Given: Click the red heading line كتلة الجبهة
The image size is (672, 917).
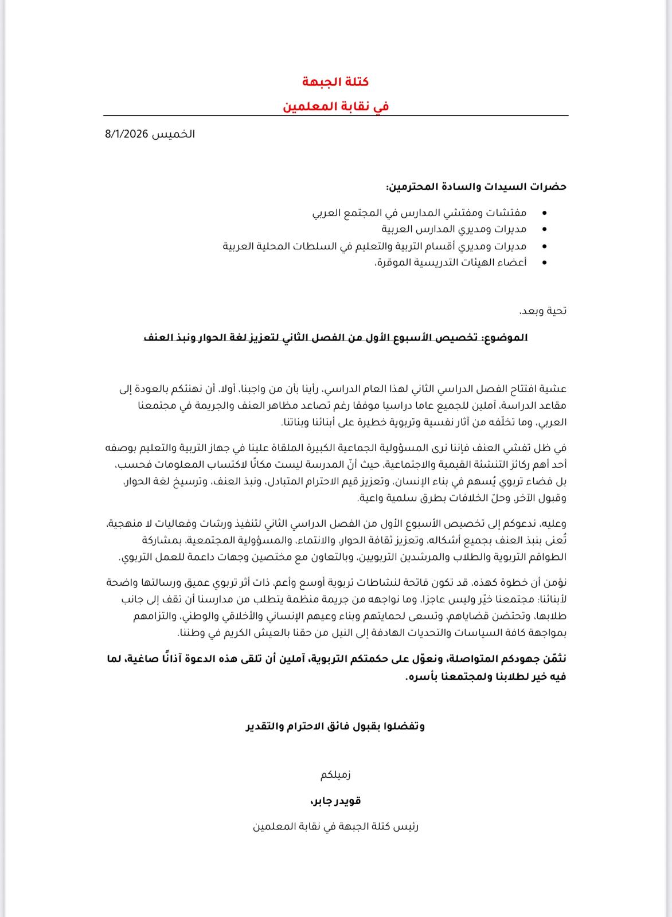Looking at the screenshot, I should pyautogui.click(x=335, y=82).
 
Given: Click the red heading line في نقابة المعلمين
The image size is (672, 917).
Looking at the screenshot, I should pyautogui.click(x=335, y=106).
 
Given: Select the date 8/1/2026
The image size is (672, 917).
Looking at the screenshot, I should pyautogui.click(x=127, y=134).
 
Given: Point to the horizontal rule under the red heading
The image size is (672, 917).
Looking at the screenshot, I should pyautogui.click(x=335, y=116).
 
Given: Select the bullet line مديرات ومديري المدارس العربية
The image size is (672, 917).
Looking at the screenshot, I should pyautogui.click(x=454, y=229).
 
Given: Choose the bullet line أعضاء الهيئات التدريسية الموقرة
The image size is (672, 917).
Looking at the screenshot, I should pyautogui.click(x=450, y=262).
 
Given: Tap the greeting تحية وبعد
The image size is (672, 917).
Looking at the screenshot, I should pyautogui.click(x=542, y=311).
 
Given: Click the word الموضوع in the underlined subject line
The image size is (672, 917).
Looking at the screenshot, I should pyautogui.click(x=506, y=338).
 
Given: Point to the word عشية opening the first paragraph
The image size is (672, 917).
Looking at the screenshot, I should pyautogui.click(x=554, y=389).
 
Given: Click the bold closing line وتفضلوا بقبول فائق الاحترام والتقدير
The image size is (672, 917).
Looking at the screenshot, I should pyautogui.click(x=335, y=727).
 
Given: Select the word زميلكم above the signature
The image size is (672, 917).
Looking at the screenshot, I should pyautogui.click(x=335, y=775).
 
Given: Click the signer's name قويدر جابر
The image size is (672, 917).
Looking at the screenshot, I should pyautogui.click(x=335, y=801).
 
